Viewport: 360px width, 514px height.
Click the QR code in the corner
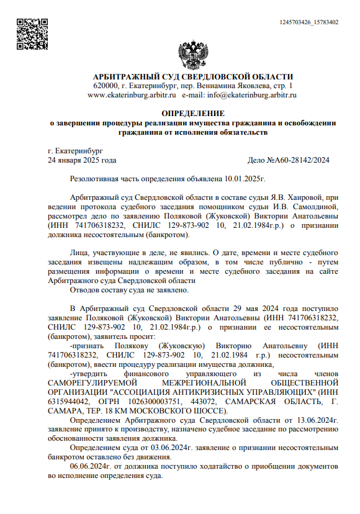click(28, 30)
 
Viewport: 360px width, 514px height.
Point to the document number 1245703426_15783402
click(309, 22)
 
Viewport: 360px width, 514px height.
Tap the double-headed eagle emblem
click(192, 55)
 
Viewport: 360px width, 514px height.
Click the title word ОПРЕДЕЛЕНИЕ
click(192, 113)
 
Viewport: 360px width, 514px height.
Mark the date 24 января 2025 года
click(82, 160)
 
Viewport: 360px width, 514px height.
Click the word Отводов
click(86, 289)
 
